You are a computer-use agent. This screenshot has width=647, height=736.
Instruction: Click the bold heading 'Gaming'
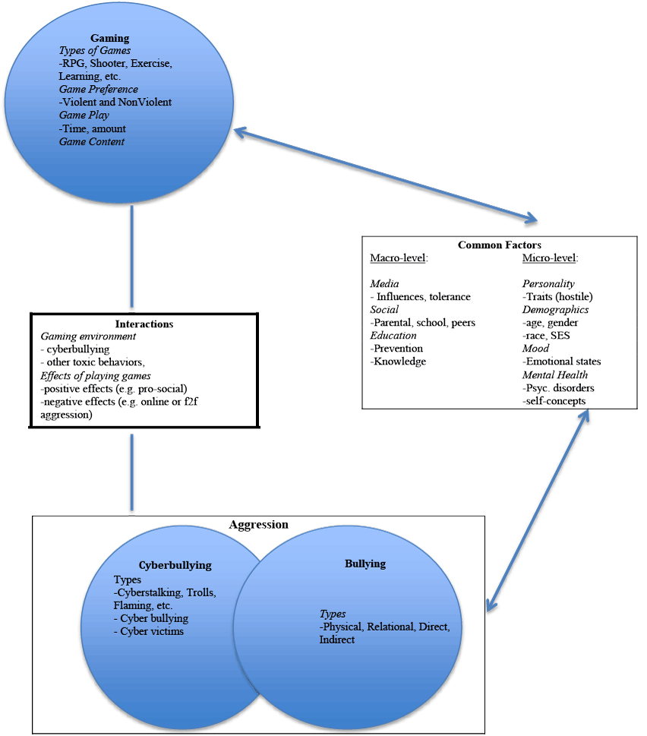click(x=110, y=37)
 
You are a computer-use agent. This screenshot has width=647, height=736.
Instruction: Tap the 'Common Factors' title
click(x=498, y=245)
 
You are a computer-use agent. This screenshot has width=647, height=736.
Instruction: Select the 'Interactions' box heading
click(x=144, y=324)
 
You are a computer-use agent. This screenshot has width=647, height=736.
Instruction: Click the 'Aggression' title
click(x=258, y=525)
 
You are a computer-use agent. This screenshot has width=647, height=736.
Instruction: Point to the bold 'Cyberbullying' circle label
click(x=175, y=565)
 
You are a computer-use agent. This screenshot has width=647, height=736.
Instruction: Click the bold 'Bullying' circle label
click(x=365, y=564)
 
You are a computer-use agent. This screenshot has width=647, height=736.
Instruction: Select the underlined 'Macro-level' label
click(x=399, y=258)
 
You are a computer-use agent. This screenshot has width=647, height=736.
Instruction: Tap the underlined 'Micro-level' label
click(x=550, y=258)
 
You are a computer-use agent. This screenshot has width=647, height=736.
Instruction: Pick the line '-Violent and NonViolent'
click(x=115, y=102)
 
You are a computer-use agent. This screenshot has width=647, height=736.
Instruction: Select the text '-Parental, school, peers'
click(x=422, y=322)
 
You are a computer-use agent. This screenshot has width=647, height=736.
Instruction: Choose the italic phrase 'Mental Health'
click(x=554, y=374)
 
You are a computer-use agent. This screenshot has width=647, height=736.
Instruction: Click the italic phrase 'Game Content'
click(x=92, y=141)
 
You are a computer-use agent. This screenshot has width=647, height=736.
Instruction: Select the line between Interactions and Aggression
click(x=132, y=471)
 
